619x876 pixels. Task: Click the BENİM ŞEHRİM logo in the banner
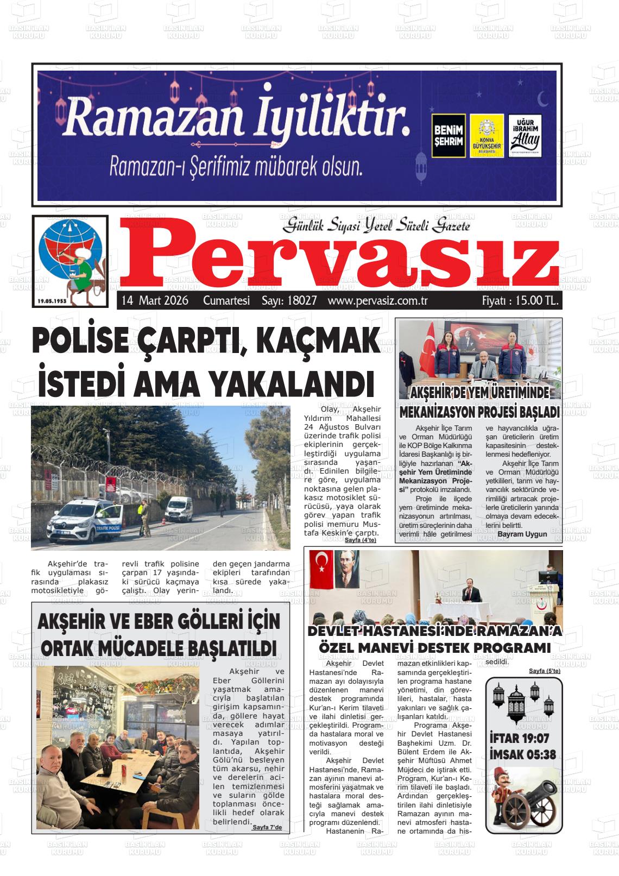[449, 136]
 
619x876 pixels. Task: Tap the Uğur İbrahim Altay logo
[525, 136]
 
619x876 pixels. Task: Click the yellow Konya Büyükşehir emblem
[486, 136]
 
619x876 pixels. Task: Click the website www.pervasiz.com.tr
[378, 300]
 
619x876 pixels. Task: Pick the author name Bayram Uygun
[522, 534]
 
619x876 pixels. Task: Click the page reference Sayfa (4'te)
[360, 540]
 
